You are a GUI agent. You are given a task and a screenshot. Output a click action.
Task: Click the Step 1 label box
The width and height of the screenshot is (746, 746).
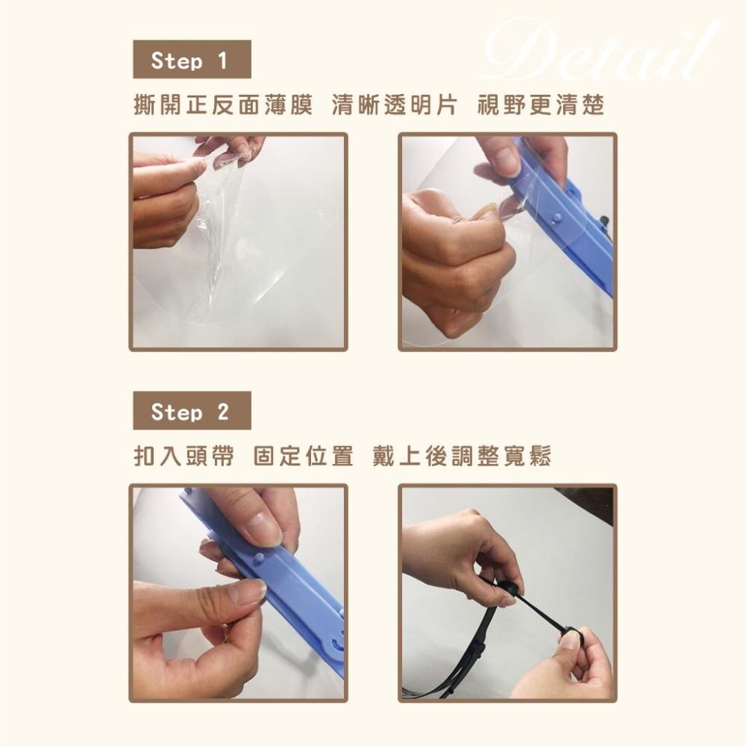pos(191,60)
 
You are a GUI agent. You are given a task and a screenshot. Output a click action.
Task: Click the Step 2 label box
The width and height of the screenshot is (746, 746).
pos(191,411)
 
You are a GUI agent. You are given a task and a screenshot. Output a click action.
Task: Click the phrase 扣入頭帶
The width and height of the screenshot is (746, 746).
pos(183,457)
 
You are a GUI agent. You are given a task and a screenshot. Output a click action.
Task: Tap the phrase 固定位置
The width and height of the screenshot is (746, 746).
pos(303,457)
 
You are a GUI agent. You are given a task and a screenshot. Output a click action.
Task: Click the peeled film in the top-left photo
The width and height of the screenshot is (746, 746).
pos(216,224)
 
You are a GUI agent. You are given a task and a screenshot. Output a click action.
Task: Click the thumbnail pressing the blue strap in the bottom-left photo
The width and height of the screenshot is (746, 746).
pos(263,528)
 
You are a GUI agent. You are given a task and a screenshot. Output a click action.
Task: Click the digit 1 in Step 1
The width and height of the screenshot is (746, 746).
pos(222,60)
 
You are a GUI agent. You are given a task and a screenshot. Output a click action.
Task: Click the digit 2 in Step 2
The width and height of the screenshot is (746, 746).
pos(222,411)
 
